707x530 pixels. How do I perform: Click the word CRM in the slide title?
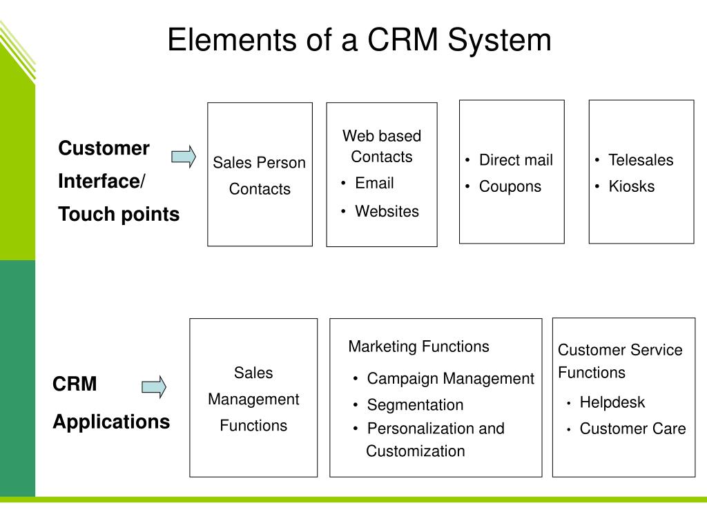click(x=403, y=39)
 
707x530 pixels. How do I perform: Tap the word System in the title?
click(x=500, y=41)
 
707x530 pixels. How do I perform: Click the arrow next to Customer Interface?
click(x=184, y=157)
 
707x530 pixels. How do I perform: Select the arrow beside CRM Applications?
click(x=154, y=387)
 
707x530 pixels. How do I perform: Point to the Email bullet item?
click(x=374, y=183)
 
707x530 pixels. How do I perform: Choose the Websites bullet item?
click(x=387, y=211)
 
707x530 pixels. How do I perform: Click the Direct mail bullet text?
click(x=516, y=160)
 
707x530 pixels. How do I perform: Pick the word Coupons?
click(x=510, y=186)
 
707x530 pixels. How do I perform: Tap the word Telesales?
click(x=641, y=160)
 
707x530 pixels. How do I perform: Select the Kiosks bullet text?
click(x=631, y=186)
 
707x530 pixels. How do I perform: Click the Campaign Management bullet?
click(x=450, y=379)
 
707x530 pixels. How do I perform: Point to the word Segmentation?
click(x=415, y=404)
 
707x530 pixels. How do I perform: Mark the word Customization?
click(x=415, y=451)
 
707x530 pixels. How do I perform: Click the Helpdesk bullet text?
click(x=612, y=402)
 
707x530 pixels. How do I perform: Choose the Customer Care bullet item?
click(x=632, y=429)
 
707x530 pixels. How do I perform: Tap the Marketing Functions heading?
click(x=419, y=346)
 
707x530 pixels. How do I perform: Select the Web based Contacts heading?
click(x=382, y=146)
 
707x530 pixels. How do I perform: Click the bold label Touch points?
click(x=119, y=214)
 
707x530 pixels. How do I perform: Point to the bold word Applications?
click(x=111, y=422)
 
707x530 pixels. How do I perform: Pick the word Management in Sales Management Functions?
click(x=253, y=400)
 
